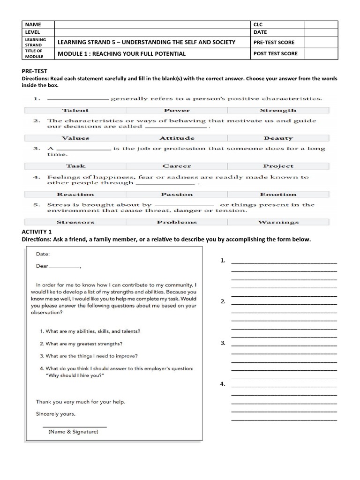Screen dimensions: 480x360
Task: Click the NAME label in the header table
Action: [x=34, y=24]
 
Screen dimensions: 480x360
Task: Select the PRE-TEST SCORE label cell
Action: [x=274, y=42]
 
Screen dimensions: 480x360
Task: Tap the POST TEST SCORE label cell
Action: [x=276, y=53]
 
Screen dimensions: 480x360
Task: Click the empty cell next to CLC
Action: [x=321, y=24]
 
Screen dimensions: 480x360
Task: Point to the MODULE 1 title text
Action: [x=121, y=53]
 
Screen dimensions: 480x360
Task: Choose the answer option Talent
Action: [x=75, y=111]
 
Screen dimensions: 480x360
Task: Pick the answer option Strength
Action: [x=278, y=111]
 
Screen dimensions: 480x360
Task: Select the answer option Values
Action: [x=75, y=138]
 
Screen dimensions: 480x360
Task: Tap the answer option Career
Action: [x=177, y=166]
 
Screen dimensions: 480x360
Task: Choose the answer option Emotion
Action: [x=278, y=194]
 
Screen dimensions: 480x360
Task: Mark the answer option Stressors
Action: [x=75, y=222]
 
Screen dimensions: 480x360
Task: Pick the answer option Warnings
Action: [x=278, y=222]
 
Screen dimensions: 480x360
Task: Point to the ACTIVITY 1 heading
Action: [x=37, y=232]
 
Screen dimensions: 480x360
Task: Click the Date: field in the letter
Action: [x=43, y=254]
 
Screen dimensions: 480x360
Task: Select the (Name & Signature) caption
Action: [x=74, y=432]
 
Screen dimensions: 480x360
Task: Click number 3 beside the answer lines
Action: [x=223, y=343]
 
